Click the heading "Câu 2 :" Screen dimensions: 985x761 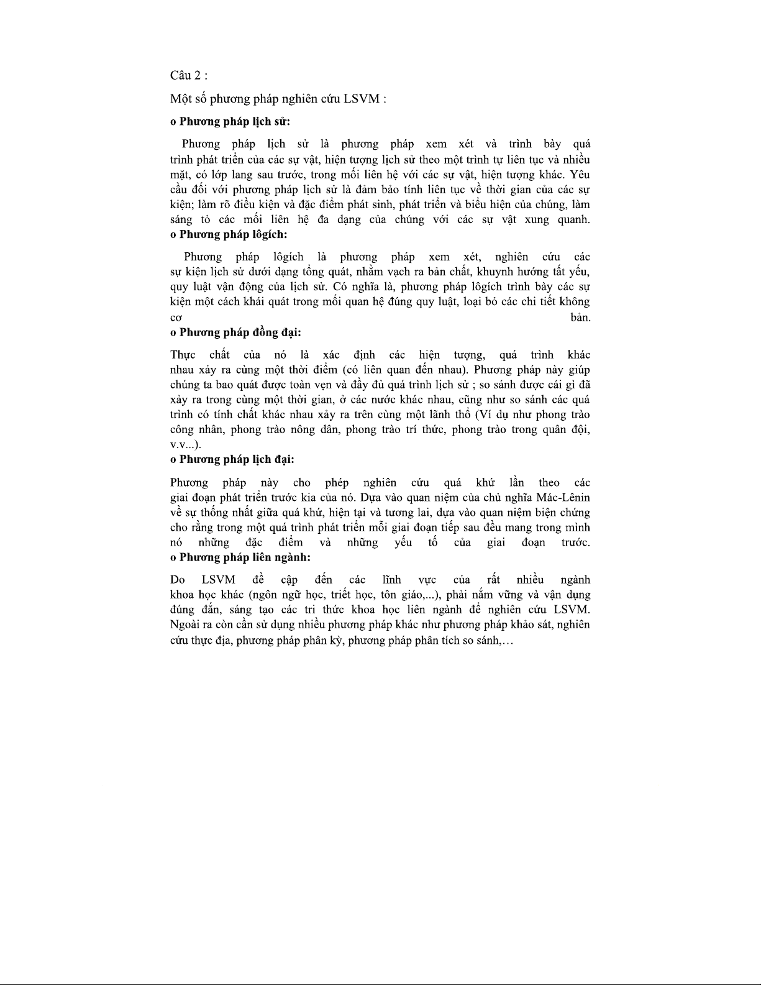click(188, 75)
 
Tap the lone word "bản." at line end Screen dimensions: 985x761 click(580, 318)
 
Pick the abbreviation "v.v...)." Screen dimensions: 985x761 click(185, 445)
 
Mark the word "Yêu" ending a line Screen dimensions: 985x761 click(580, 175)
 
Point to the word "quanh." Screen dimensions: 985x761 click(574, 219)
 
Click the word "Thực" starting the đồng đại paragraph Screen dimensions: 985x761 click(183, 355)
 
